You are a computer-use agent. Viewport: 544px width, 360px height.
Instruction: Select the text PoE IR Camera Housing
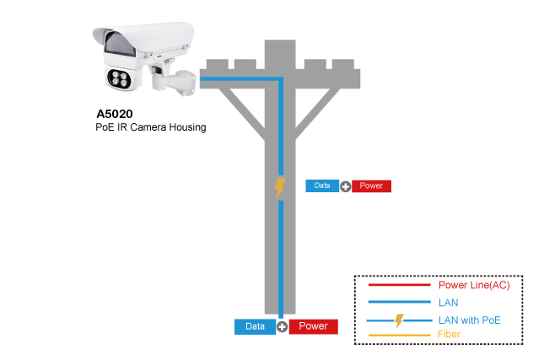[x=150, y=127]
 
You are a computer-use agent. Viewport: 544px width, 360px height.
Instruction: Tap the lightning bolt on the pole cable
[x=280, y=187]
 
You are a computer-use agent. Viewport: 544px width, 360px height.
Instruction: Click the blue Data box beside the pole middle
[x=321, y=185]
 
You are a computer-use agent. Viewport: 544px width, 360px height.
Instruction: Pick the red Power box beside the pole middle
[x=371, y=185]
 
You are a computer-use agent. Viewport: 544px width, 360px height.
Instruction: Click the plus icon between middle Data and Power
[x=346, y=186]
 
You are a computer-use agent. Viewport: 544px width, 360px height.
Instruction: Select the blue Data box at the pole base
[x=255, y=326]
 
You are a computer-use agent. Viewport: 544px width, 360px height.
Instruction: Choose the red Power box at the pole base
[x=313, y=326]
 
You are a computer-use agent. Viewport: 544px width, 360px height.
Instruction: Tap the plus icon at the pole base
[x=283, y=327]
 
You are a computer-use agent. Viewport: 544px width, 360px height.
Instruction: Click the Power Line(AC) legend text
[x=474, y=286]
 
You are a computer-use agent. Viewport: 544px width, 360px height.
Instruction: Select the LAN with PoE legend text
[x=470, y=320]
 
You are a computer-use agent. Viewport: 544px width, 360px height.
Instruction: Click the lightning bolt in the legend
[x=400, y=320]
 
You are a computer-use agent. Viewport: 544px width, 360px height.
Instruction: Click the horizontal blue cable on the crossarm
[x=240, y=80]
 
